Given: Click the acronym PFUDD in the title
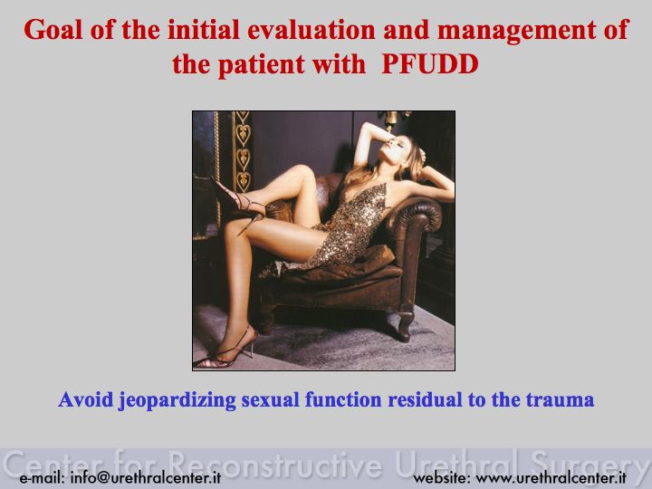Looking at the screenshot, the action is pyautogui.click(x=430, y=64).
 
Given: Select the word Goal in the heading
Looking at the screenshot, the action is pyautogui.click(x=53, y=30).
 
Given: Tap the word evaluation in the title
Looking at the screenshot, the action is pyautogui.click(x=311, y=30).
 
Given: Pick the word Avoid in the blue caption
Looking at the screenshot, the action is pyautogui.click(x=86, y=399).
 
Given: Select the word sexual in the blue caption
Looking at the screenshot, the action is pyautogui.click(x=270, y=399).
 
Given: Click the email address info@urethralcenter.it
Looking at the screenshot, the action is pyautogui.click(x=145, y=477).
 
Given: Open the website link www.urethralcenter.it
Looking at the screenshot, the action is pyautogui.click(x=551, y=477).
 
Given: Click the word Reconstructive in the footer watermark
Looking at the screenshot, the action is pyautogui.click(x=276, y=464).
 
